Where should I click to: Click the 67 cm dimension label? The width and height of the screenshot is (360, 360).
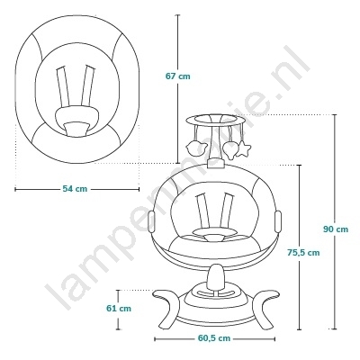(x=178, y=76)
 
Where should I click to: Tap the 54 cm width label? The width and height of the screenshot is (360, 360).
(x=75, y=189)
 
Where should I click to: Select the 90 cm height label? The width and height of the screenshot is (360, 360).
(x=336, y=229)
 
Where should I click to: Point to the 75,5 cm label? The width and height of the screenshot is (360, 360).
(x=303, y=253)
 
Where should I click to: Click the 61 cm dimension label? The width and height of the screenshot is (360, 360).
(x=119, y=308)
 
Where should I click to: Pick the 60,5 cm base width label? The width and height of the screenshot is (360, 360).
(x=214, y=338)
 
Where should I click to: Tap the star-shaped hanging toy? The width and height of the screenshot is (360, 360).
(x=243, y=148)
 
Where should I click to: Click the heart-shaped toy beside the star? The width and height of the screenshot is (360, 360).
(x=230, y=149)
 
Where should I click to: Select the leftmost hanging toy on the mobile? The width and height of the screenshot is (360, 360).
(x=197, y=148)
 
